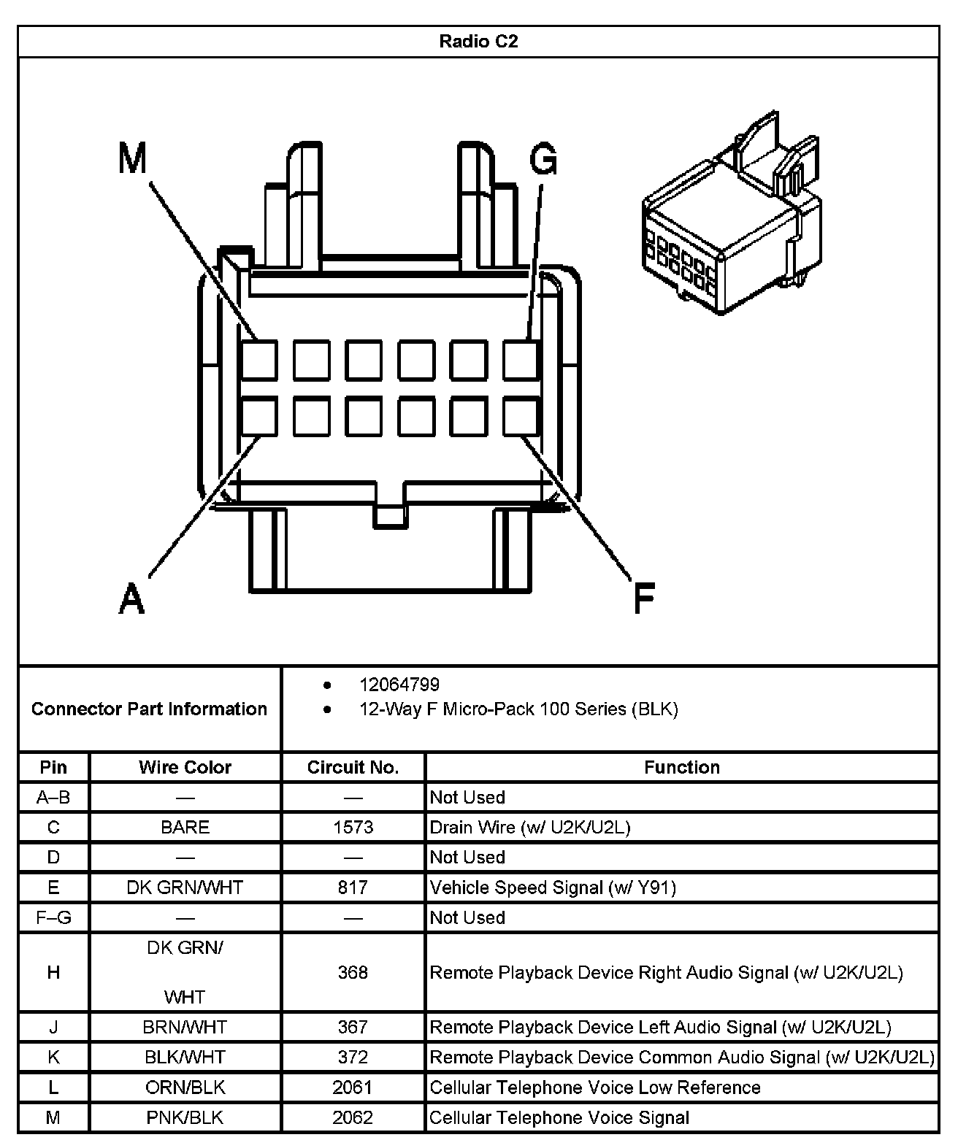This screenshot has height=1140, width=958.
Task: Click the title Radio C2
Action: click(478, 42)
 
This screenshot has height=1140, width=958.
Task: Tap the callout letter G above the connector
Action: click(543, 159)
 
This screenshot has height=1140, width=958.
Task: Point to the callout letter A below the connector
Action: click(131, 599)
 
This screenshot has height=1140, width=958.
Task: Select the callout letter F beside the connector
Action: click(643, 598)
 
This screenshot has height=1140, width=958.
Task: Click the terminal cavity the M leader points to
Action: click(259, 360)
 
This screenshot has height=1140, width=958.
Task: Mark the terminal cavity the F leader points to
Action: click(521, 417)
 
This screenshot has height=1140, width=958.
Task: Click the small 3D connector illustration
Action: click(731, 219)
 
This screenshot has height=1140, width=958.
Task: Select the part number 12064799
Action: click(399, 685)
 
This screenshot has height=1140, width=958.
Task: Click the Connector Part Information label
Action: click(149, 709)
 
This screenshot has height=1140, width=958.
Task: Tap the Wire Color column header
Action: click(185, 767)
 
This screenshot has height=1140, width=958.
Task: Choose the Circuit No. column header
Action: click(353, 767)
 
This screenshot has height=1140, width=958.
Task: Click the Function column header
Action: click(681, 767)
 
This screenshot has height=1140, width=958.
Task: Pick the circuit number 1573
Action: click(353, 827)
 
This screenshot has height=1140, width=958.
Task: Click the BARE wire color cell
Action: click(185, 827)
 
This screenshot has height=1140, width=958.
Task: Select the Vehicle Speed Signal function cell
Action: click(553, 887)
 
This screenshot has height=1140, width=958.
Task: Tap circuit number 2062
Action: click(353, 1117)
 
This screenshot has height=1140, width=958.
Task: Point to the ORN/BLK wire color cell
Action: click(185, 1087)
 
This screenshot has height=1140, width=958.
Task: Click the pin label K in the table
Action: click(53, 1057)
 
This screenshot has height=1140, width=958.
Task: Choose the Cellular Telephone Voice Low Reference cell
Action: click(595, 1087)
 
